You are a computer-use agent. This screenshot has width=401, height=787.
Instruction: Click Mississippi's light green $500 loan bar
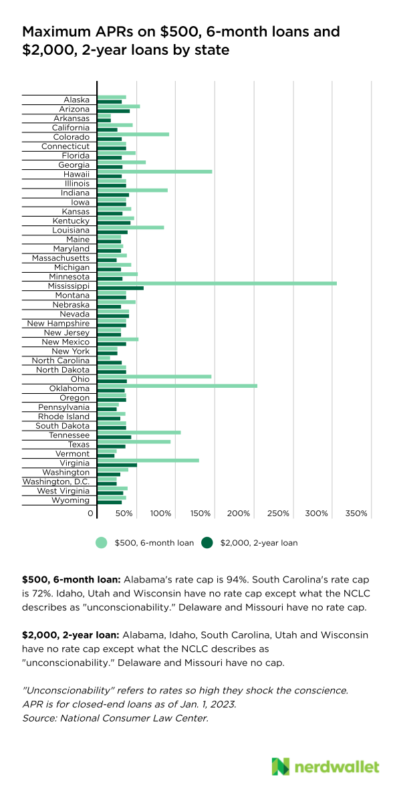pos(217,284)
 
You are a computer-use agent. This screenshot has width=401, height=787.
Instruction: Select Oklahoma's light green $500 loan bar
pos(177,386)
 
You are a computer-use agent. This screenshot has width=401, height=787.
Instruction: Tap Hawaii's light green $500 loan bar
pos(154,171)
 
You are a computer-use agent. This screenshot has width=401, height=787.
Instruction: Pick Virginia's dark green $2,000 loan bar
pos(117,465)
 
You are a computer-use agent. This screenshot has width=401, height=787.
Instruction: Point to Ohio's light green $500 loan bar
pos(154,377)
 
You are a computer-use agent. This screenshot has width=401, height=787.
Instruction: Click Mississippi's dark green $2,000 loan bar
pos(120,288)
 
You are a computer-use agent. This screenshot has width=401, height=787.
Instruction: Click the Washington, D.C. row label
pos(56,481)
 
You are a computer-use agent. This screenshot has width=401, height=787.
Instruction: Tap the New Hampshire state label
pos(58,323)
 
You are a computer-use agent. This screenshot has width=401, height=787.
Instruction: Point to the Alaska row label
pos(76,100)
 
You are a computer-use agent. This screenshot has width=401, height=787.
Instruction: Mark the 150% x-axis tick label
pos(200,514)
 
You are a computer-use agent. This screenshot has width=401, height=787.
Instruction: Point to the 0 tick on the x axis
pos(91,514)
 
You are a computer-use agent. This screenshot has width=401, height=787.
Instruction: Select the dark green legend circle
pos(207,542)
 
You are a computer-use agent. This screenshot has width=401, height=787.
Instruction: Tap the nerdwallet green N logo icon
pos(280,766)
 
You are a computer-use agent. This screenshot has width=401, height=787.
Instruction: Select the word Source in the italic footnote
pos(37,718)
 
